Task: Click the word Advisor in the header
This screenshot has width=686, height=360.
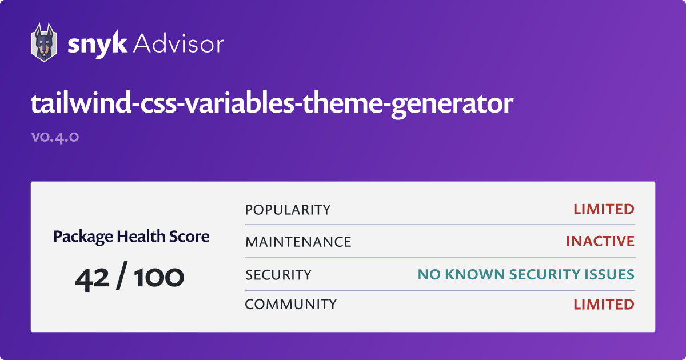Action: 178,43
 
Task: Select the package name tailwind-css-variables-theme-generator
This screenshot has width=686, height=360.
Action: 272,104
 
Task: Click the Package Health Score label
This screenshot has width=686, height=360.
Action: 131,236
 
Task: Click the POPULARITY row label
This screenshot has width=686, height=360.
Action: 288,210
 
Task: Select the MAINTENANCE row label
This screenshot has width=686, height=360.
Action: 298,242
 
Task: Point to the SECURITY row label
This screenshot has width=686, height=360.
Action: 278,275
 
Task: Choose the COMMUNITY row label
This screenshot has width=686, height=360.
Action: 290,305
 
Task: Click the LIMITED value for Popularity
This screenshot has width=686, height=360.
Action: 604,209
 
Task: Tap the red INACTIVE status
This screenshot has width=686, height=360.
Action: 600,241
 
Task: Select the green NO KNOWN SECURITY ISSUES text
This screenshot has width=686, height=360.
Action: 526,274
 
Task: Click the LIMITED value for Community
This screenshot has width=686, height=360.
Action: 604,304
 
